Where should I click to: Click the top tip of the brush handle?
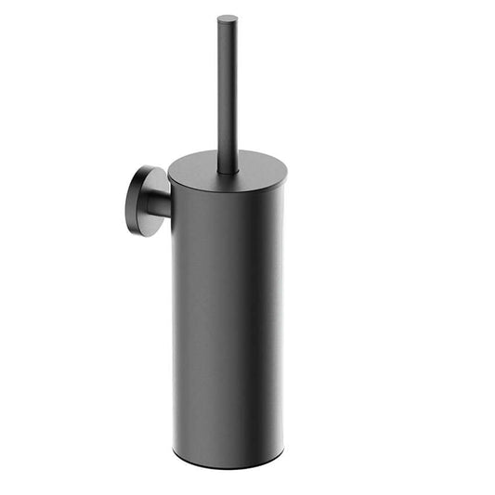point(228,18)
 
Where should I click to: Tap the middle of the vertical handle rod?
point(228,93)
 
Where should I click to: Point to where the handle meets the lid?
point(228,171)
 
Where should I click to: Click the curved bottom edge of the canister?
point(228,462)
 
